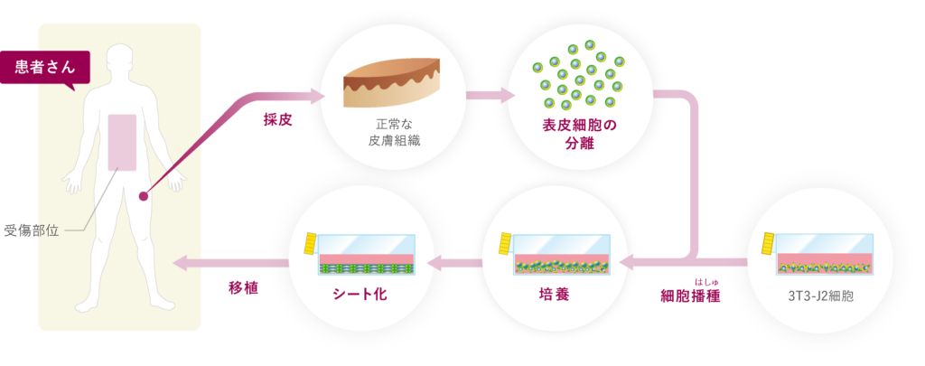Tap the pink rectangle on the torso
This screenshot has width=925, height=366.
tap(122, 143)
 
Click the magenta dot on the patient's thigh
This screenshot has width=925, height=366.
tap(142, 195)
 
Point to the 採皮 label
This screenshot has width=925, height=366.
tap(277, 118)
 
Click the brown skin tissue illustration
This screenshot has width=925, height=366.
tap(391, 82)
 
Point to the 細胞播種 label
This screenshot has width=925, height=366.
tap(691, 296)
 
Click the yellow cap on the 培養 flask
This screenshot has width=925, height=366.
tap(505, 243)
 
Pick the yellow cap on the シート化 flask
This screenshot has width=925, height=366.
tap(310, 243)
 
